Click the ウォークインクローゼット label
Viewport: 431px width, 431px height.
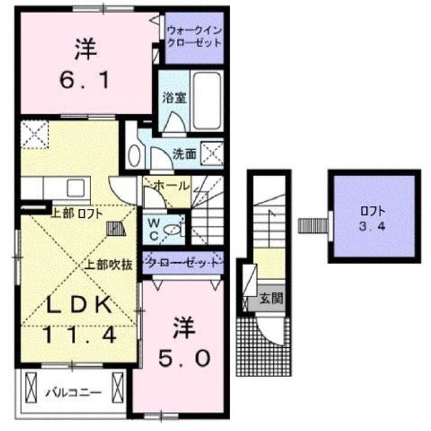tap(194, 37)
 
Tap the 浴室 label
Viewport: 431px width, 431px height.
tap(174, 98)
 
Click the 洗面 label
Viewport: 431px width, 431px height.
tap(184, 154)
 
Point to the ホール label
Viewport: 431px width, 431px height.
tap(173, 186)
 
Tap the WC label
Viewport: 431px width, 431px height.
tap(153, 229)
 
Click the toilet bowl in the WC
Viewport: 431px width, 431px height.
tap(172, 229)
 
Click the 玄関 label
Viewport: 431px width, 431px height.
tap(272, 298)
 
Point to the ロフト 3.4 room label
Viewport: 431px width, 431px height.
tap(373, 219)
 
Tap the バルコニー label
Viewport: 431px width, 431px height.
tap(74, 393)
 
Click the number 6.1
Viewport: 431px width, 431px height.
tap(85, 80)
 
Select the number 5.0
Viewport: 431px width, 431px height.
tap(185, 358)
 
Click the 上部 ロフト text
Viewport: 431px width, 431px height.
tap(77, 214)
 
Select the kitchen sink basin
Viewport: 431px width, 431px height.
tap(76, 188)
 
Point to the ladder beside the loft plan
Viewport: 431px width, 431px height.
tap(313, 226)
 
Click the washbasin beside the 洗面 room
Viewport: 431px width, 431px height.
tap(134, 156)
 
